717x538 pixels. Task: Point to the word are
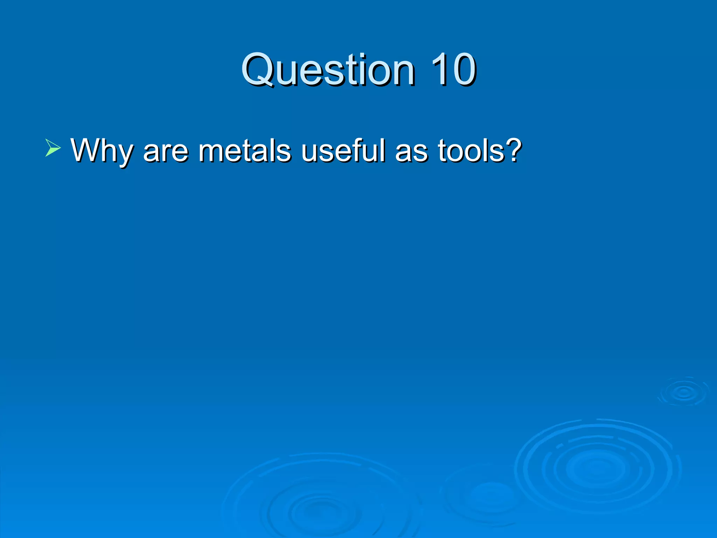pos(166,151)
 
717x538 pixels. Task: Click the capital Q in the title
pos(259,69)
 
